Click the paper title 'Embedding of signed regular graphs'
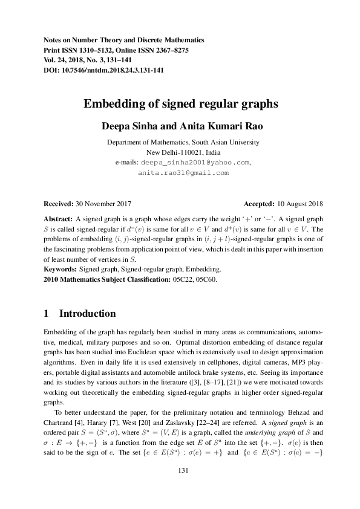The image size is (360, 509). point(180,103)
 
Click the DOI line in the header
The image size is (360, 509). point(104,70)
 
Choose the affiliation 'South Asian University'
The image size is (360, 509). point(224,143)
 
